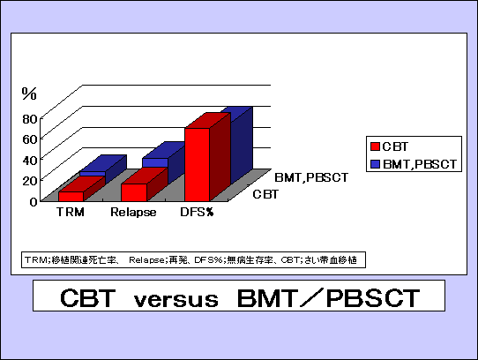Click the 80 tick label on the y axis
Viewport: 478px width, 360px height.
[30, 119]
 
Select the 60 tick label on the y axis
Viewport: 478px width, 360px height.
[30, 139]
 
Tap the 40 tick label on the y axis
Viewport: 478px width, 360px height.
[30, 161]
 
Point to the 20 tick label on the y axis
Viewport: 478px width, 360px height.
[30, 181]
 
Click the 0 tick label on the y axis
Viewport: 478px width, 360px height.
[34, 202]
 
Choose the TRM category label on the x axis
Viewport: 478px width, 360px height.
[71, 212]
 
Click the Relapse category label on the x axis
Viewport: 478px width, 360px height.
[133, 212]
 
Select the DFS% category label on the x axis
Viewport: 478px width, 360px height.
[197, 212]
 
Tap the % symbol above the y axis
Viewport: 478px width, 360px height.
[29, 94]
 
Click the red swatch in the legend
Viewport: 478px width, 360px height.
[376, 146]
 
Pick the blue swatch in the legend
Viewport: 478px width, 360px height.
[376, 164]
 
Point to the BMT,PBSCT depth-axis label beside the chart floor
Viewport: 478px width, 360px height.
[311, 177]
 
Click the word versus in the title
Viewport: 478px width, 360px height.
[176, 299]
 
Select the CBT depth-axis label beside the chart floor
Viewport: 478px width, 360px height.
[265, 194]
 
